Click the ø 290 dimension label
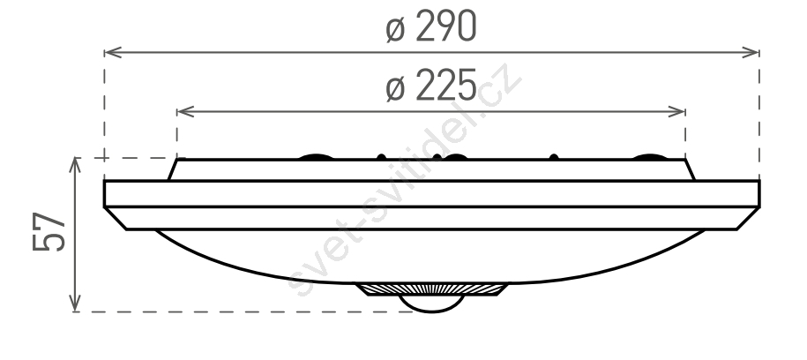tap(431, 26)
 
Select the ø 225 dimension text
tap(431, 86)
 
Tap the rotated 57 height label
tap(49, 231)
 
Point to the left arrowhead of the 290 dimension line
tap(113, 52)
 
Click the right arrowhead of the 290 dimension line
tap(751, 52)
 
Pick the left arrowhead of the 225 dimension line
tap(185, 111)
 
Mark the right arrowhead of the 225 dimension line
tap(676, 111)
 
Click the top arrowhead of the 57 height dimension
tap(75, 166)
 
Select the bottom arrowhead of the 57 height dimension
tap(75, 303)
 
